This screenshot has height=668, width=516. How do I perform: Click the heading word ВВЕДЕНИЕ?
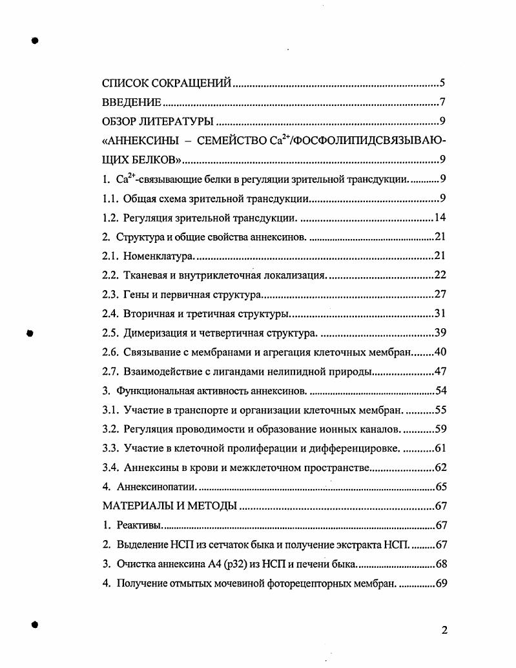(x=132, y=102)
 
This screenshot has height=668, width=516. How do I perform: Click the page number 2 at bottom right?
(x=444, y=631)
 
